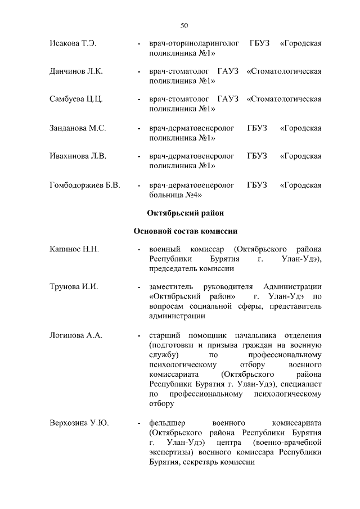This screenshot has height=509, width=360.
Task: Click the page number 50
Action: point(184,25)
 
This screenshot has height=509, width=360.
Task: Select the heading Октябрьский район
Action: point(185,213)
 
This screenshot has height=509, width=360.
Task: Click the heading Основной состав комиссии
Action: point(185,231)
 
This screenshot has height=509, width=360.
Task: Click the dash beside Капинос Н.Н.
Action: point(139,249)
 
